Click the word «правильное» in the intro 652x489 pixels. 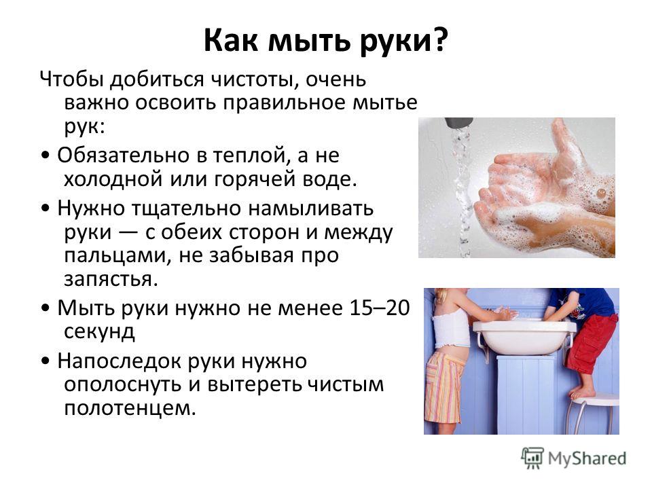point(284,103)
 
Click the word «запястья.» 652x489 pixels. point(111,279)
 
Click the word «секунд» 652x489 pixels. point(99,331)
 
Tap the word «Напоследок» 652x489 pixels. point(120,361)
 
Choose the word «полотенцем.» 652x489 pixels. point(130,408)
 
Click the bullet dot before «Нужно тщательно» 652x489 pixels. point(46,208)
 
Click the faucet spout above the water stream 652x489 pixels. point(459,123)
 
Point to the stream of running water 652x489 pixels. point(462,192)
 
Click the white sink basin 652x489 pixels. point(523,337)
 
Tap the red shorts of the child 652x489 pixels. point(590,343)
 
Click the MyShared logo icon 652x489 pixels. point(532,458)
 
